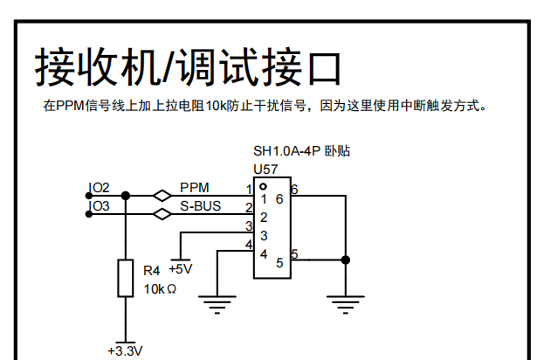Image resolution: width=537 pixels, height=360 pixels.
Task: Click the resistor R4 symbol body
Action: click(125, 278)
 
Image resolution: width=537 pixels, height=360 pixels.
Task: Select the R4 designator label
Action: click(151, 272)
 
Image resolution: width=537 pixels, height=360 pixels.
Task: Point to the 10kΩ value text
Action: click(160, 288)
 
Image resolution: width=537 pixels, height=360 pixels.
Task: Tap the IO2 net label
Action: click(100, 188)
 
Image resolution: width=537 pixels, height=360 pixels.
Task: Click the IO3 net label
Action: click(100, 206)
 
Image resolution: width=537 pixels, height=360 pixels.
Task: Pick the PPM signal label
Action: click(194, 188)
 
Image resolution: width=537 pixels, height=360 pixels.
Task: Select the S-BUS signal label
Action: click(200, 206)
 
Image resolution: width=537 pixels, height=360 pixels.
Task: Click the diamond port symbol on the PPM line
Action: click(162, 195)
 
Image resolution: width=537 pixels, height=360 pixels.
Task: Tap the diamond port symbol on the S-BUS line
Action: click(162, 213)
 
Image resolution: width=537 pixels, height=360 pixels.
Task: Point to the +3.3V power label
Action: click(124, 351)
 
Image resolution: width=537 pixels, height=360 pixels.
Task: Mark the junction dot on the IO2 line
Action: click(125, 195)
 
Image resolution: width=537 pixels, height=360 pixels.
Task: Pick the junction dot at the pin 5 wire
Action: click(346, 260)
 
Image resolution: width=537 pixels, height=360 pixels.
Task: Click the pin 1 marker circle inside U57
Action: click(263, 186)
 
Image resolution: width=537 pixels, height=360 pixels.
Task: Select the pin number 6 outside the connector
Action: click(294, 189)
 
